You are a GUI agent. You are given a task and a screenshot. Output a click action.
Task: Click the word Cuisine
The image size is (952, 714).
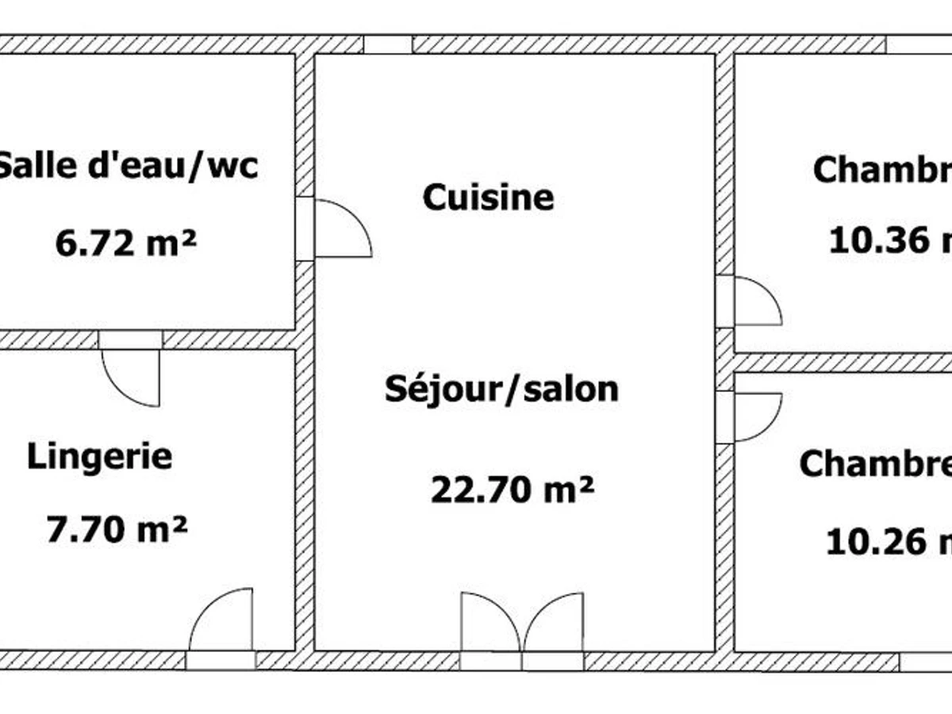pyautogui.click(x=488, y=198)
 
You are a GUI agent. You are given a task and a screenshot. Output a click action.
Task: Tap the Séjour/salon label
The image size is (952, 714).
pyautogui.click(x=501, y=390)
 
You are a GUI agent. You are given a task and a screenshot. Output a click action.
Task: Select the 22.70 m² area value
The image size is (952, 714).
pyautogui.click(x=512, y=489)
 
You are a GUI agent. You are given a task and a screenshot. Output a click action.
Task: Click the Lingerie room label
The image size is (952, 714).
pyautogui.click(x=100, y=457)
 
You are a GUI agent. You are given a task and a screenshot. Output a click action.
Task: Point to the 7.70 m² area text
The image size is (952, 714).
pyautogui.click(x=117, y=529)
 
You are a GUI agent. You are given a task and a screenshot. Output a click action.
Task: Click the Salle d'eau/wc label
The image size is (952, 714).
pyautogui.click(x=127, y=167)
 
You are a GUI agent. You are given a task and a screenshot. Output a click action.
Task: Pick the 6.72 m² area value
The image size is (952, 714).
pyautogui.click(x=125, y=244)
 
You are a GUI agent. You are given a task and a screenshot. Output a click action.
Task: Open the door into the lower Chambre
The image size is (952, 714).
pyautogui.click(x=755, y=416)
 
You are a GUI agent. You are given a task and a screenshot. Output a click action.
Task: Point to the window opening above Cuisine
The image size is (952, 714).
pyautogui.click(x=388, y=44)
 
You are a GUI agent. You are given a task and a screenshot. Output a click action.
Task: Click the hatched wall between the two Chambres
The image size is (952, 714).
pyautogui.click(x=841, y=363)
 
